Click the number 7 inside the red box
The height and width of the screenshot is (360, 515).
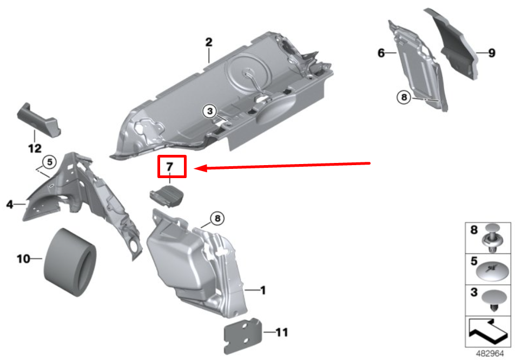171,166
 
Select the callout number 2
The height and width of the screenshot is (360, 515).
209,42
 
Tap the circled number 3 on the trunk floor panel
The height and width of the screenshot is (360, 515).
209,111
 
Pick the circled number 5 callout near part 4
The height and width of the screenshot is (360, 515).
49,161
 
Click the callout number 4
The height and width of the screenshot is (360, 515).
10,204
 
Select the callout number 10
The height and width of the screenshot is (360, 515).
23,259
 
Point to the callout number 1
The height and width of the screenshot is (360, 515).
262,291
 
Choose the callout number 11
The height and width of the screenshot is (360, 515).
282,332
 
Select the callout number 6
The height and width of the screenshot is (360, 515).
381,53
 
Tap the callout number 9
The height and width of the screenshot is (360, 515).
491,53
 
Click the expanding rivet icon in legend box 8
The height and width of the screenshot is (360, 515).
496,238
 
